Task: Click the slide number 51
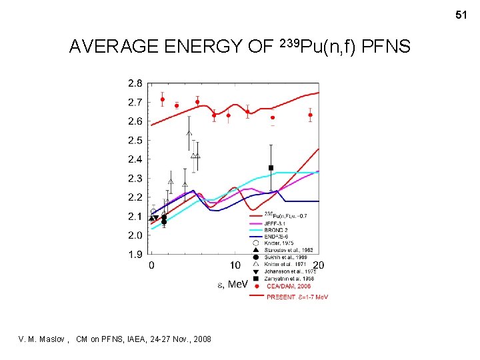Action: (x=461, y=14)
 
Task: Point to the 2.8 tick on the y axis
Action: (x=135, y=83)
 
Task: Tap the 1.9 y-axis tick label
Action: (x=135, y=254)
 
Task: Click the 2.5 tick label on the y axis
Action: (x=135, y=140)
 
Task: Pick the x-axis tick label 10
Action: (x=235, y=265)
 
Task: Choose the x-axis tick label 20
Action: (x=318, y=265)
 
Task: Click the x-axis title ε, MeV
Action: (x=233, y=285)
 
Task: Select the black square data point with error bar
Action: (x=271, y=167)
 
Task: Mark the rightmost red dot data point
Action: (x=310, y=115)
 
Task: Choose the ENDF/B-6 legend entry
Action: (x=280, y=236)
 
